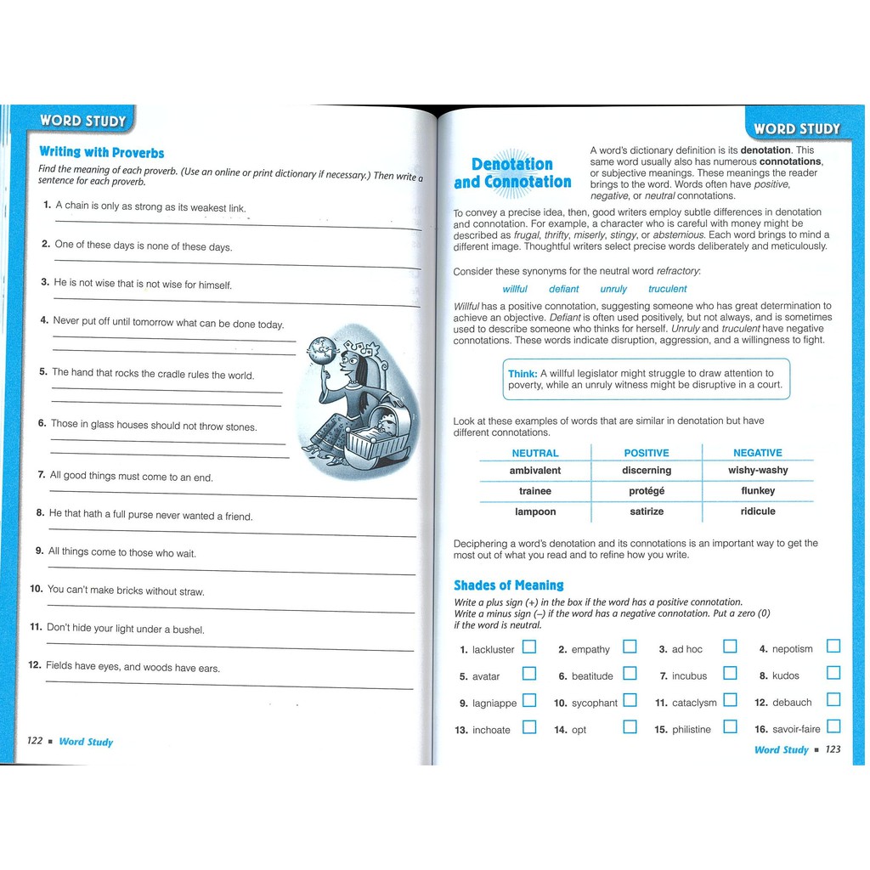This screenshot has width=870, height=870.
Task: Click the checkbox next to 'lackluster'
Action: click(x=529, y=647)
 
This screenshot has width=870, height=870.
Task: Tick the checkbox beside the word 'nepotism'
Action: click(x=833, y=647)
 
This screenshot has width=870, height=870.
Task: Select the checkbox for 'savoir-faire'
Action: click(x=833, y=726)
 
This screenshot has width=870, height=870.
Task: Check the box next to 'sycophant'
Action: click(x=630, y=701)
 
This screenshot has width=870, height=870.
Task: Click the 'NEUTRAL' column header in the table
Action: click(x=535, y=453)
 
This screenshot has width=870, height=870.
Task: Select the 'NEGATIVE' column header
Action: click(x=758, y=453)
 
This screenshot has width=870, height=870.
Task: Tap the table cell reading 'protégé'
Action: click(x=647, y=491)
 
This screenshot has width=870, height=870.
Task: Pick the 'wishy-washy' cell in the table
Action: click(x=758, y=470)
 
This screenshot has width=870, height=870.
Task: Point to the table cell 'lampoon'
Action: click(x=535, y=511)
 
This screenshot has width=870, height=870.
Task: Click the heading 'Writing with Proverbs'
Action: click(x=102, y=152)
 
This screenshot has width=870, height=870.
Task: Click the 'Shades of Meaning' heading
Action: click(x=508, y=585)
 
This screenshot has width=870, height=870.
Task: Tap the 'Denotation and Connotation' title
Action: click(x=512, y=173)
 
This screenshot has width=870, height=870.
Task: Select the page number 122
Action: click(x=35, y=741)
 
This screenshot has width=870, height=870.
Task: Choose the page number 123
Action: click(x=833, y=749)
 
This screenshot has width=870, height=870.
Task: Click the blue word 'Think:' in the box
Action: click(x=523, y=373)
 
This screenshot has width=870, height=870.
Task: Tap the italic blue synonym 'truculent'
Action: click(x=668, y=289)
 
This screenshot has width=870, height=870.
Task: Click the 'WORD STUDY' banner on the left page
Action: click(x=82, y=121)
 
